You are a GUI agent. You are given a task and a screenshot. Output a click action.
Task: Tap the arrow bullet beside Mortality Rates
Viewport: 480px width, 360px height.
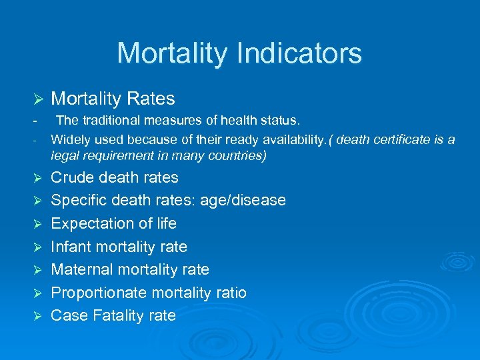point(38,100)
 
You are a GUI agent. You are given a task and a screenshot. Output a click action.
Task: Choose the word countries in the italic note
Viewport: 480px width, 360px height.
point(239,156)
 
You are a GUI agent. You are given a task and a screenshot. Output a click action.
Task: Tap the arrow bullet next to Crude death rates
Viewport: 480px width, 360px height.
point(38,179)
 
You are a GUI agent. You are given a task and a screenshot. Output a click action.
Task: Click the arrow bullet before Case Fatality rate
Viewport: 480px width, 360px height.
point(38,317)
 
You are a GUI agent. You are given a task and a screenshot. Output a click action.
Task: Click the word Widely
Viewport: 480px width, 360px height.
point(70,139)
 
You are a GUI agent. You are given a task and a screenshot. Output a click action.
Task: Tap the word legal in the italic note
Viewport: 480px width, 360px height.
point(64,156)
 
